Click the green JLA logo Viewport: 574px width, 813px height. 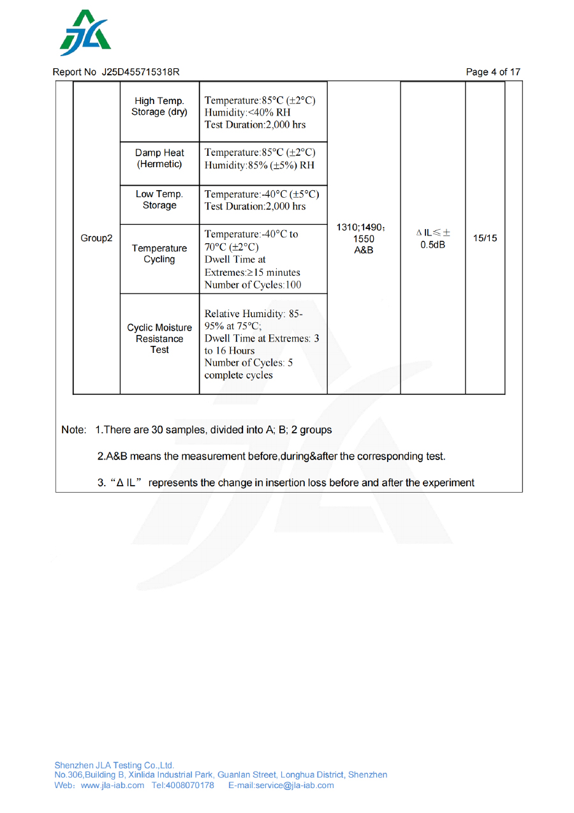click(85, 33)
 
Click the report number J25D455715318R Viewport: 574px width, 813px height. click(140, 72)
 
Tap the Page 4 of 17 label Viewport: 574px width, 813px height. click(493, 72)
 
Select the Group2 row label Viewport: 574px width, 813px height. click(96, 238)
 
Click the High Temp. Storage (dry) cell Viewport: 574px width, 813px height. click(159, 107)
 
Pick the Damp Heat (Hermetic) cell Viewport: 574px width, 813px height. click(159, 158)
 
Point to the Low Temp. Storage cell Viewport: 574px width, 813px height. click(159, 200)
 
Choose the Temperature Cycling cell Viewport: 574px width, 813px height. click(159, 253)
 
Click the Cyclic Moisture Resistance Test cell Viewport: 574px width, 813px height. click(159, 339)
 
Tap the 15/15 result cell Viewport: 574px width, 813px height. click(485, 238)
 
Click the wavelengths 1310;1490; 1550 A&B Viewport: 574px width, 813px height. click(364, 239)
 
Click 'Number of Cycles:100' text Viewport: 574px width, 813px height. click(253, 285)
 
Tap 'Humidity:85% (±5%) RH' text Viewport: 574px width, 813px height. click(260, 165)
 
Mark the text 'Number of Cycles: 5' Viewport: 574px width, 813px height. click(248, 362)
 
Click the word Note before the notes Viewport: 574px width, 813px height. click(73, 430)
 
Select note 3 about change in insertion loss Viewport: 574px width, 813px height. click(286, 482)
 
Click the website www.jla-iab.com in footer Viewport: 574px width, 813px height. click(112, 785)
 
